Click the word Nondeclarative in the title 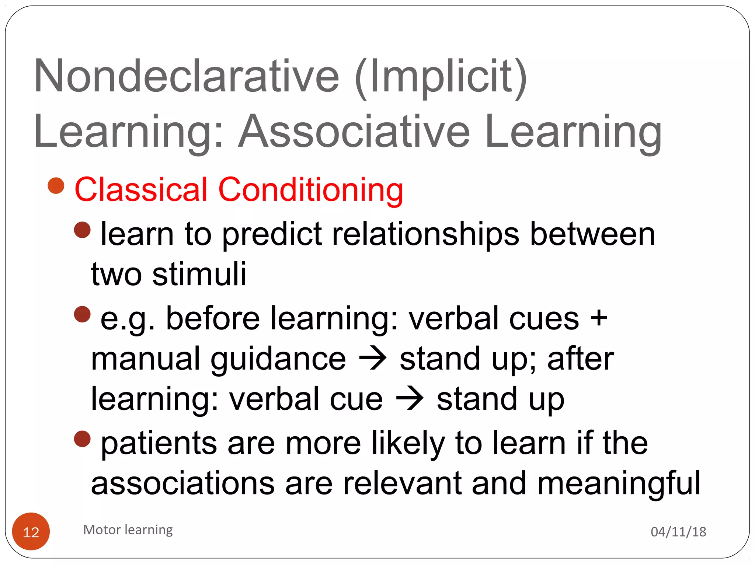coord(186,76)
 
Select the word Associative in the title coord(354,132)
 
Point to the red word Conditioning coord(310,190)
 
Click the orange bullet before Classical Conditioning coord(56,186)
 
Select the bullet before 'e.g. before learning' coord(82,314)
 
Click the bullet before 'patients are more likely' coord(82,439)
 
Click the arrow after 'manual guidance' coord(373,358)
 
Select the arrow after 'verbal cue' coord(410,399)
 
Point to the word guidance coord(278,359)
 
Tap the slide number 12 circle coord(31,531)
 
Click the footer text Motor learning coord(128,530)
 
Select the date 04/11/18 coord(678,532)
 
